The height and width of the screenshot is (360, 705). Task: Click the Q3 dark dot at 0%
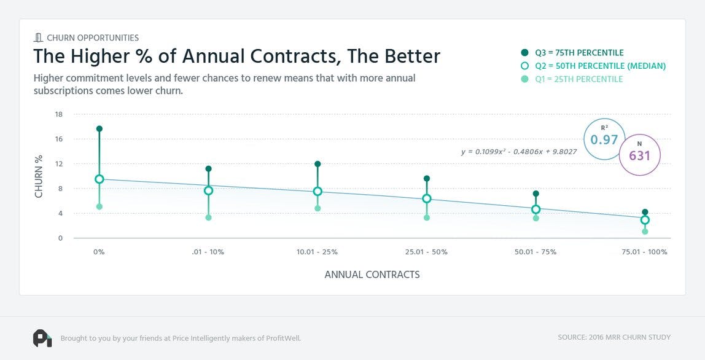click(99, 129)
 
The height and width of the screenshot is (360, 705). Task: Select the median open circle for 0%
click(99, 179)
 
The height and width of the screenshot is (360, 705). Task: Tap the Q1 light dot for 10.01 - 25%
click(317, 208)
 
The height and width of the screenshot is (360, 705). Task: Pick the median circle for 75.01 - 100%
click(645, 220)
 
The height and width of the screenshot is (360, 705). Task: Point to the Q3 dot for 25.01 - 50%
click(427, 179)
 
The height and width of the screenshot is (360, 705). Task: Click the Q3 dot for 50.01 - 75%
click(536, 194)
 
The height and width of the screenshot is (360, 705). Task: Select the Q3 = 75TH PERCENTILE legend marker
click(524, 53)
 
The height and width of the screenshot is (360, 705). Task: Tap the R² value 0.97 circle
click(604, 139)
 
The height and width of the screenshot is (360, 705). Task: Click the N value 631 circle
click(639, 155)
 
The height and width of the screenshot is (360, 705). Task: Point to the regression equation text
click(519, 151)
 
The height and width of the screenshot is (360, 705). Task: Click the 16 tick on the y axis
click(59, 139)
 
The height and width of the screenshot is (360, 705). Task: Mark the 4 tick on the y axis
click(60, 214)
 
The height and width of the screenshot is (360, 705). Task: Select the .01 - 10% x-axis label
click(208, 252)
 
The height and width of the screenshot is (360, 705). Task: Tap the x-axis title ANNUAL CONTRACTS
click(372, 275)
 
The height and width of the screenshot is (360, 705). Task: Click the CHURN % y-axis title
click(39, 176)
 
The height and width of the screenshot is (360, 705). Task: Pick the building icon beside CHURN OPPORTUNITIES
click(37, 37)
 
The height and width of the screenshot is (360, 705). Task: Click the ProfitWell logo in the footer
click(42, 338)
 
